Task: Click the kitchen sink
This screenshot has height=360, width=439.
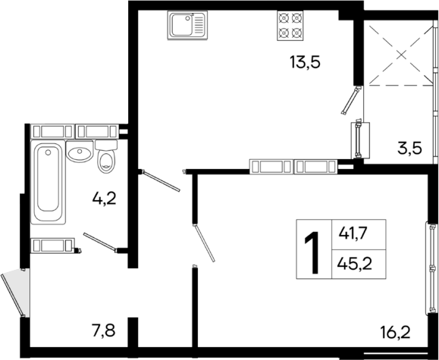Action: (x=187, y=28)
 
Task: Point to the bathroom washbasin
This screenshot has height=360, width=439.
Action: (x=80, y=154)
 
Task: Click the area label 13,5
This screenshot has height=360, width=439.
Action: (x=305, y=63)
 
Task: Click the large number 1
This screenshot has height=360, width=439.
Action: (x=311, y=249)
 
